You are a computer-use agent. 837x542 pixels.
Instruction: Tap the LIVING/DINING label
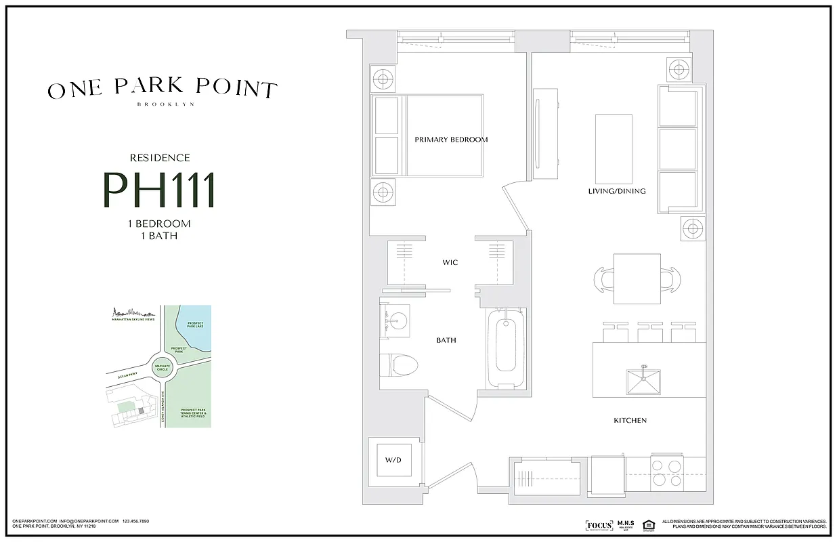[616, 191]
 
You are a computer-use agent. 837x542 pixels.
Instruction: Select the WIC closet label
[450, 262]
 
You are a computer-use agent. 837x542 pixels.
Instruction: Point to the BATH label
[446, 340]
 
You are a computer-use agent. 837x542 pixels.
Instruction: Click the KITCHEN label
[630, 421]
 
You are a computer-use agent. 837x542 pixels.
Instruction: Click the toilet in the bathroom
[400, 364]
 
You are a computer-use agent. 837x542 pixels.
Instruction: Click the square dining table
[637, 278]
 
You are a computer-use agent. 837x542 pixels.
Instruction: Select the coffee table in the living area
[614, 148]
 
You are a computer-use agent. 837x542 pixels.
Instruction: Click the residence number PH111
[159, 190]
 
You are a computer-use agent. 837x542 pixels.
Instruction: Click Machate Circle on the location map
[163, 367]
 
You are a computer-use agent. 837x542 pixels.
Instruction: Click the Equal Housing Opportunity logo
[648, 525]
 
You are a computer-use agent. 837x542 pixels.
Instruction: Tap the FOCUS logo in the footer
[599, 526]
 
